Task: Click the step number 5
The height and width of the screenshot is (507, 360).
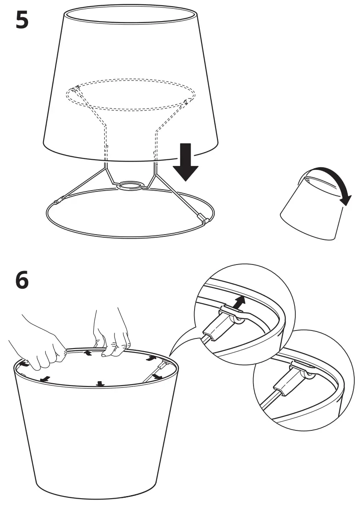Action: pos(23,20)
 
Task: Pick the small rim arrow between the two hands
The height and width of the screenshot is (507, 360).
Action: pos(88,353)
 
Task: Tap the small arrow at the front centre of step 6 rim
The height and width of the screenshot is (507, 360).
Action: pos(101,383)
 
